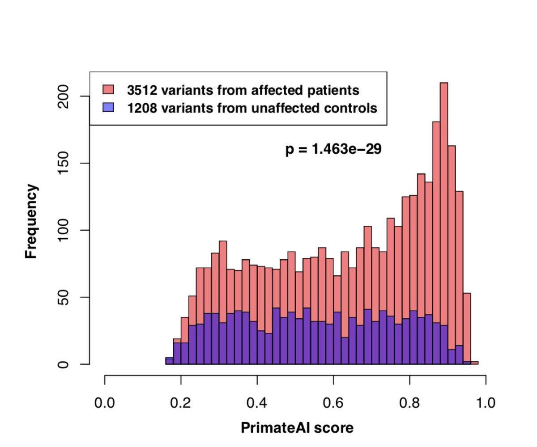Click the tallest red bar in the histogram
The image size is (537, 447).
click(444, 179)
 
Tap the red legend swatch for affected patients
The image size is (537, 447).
click(109, 90)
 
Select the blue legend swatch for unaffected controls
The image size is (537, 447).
click(109, 108)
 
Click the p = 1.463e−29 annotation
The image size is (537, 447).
click(333, 149)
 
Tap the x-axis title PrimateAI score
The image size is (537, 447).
click(297, 428)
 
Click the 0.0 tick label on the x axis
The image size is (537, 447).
click(105, 404)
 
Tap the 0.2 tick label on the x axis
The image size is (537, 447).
click(181, 404)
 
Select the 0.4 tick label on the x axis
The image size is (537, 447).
click(257, 404)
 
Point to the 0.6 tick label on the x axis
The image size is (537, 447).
click(333, 404)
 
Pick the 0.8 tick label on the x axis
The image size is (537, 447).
click(409, 404)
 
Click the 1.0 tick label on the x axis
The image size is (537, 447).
click(485, 404)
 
